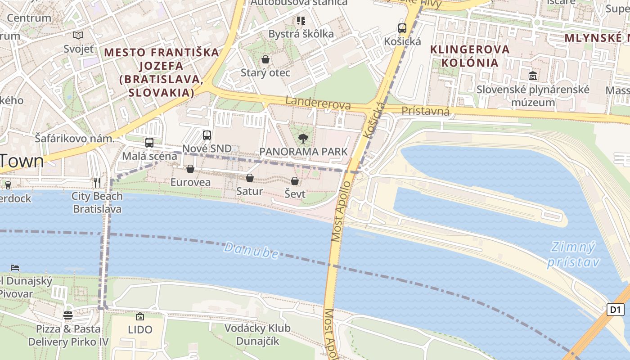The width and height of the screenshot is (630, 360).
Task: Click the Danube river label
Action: click(x=251, y=250)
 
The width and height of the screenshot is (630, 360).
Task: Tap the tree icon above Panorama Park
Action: click(x=303, y=139)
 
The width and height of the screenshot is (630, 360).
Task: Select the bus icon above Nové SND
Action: click(x=207, y=135)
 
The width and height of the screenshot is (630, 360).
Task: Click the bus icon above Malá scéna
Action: click(x=149, y=143)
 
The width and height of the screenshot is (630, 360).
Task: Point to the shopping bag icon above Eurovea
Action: click(x=190, y=169)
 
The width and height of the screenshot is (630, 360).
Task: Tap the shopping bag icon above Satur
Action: click(x=250, y=178)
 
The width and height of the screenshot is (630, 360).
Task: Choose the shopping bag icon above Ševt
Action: click(x=295, y=181)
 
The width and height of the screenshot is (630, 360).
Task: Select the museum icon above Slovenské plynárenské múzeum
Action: click(x=533, y=76)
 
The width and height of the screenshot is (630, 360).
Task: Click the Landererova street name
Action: click(x=318, y=102)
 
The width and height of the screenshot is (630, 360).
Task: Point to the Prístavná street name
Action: click(x=425, y=111)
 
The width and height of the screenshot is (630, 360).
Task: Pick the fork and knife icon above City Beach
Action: click(x=97, y=182)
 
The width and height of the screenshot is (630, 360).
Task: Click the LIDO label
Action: click(x=140, y=329)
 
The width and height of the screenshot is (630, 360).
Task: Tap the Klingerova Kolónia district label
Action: click(x=470, y=55)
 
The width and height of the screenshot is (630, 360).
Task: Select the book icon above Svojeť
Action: click(x=78, y=35)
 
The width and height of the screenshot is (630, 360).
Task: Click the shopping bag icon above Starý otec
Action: click(x=265, y=59)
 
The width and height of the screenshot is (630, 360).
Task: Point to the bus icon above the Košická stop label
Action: click(x=402, y=28)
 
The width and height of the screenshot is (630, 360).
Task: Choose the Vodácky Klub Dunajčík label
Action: click(x=257, y=334)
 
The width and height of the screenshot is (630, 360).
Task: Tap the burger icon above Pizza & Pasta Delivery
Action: click(x=68, y=315)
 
